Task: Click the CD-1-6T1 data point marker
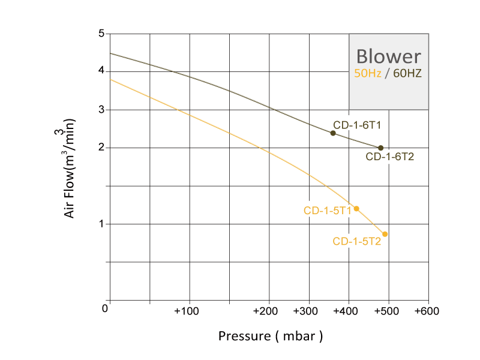coord(333,133)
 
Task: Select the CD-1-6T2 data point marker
coord(380,148)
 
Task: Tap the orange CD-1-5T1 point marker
coord(356,209)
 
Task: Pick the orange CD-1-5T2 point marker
coord(385,234)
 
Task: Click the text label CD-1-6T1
coord(358,125)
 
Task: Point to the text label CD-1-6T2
coord(390,157)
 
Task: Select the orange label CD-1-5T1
coord(328,210)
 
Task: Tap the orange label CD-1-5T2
coord(357,242)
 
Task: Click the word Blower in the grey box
coord(388,56)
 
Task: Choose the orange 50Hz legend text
coord(368,74)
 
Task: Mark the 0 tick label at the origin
coord(105,308)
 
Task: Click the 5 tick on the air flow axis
coord(101,34)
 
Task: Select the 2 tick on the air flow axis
coord(101,148)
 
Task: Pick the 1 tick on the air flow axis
coord(101,224)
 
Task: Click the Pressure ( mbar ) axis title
coord(271,335)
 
